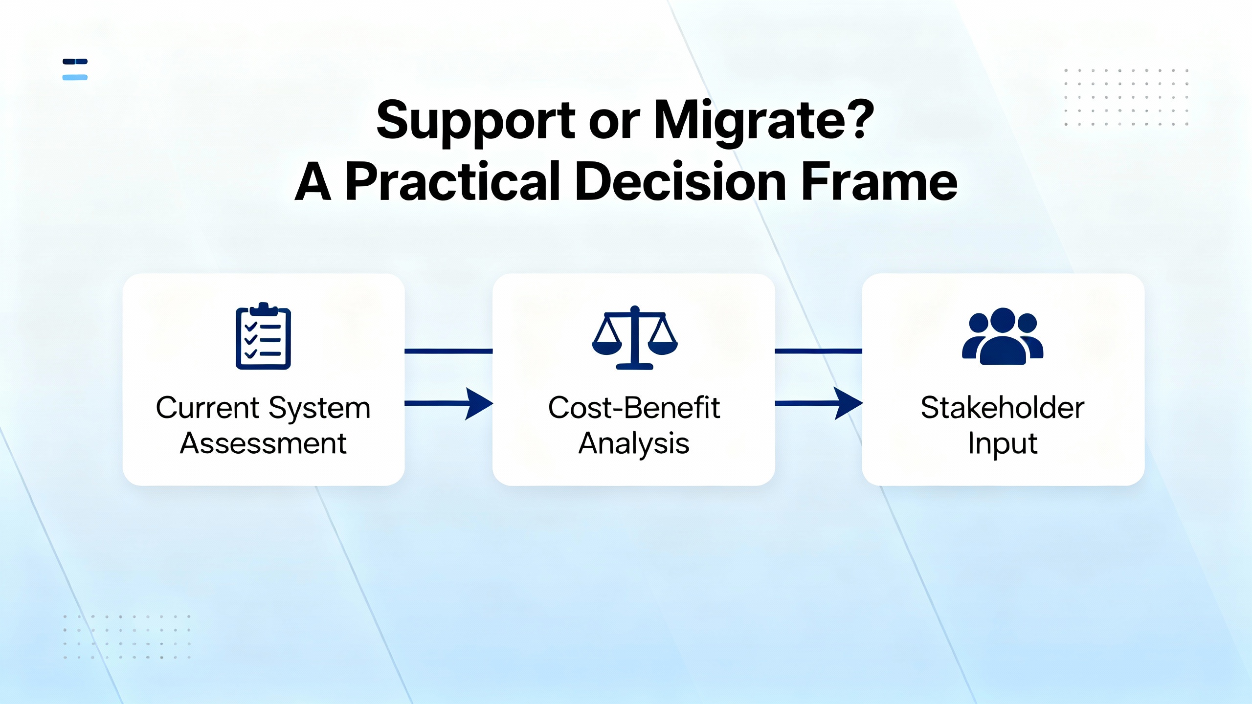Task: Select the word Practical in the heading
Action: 453,181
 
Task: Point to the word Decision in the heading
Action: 681,181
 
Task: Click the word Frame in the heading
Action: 879,181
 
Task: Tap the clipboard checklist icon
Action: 263,336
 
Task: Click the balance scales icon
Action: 634,338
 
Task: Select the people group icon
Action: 1003,336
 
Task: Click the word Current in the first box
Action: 207,408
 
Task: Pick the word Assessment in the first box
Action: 263,443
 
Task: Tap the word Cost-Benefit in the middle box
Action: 634,408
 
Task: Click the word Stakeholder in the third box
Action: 1003,408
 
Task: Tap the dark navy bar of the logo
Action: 75,62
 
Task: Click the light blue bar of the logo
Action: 75,77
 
